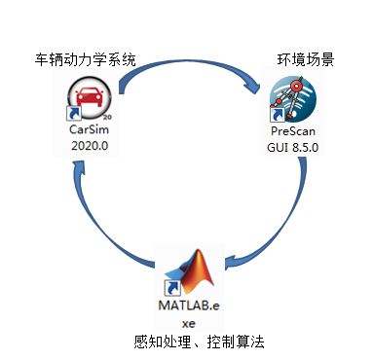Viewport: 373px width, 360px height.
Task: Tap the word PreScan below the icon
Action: coord(292,130)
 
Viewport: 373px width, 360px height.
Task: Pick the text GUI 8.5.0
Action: coord(293,146)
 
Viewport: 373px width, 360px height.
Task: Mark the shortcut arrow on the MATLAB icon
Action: coord(172,289)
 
